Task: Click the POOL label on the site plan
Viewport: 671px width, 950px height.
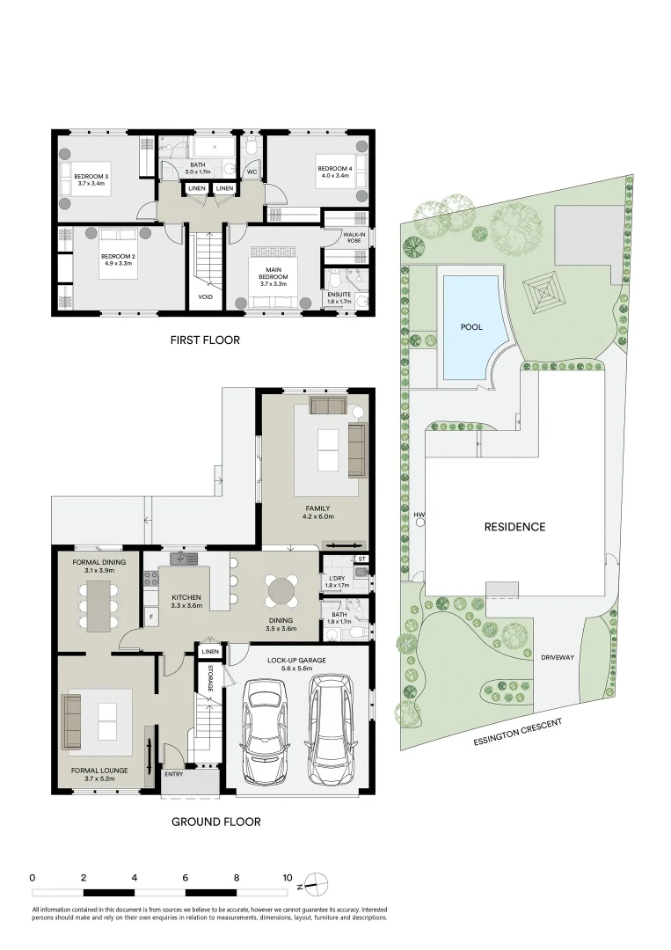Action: click(471, 326)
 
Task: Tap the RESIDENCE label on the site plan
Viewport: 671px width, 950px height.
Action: click(514, 527)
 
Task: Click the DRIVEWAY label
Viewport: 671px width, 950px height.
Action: click(557, 656)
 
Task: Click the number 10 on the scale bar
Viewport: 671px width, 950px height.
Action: click(288, 878)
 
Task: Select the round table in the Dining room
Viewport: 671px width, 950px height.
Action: click(281, 590)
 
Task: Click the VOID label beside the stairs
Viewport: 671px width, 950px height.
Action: click(205, 297)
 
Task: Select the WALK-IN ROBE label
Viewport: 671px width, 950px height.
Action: click(355, 236)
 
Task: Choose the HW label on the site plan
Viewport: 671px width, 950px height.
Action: click(419, 515)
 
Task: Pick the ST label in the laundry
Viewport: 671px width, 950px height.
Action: click(361, 559)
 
